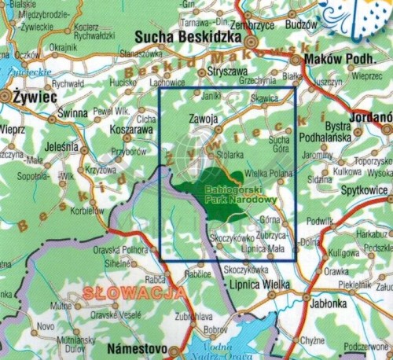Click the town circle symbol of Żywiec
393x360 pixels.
(7, 94)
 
